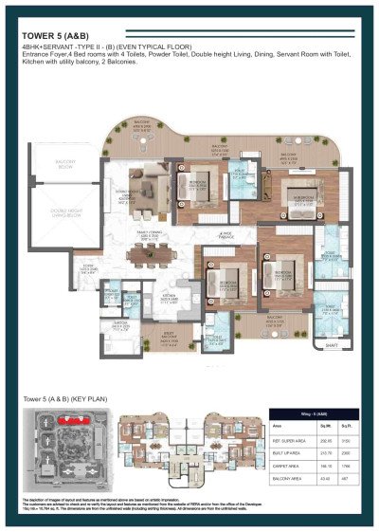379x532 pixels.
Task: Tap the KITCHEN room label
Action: click(171, 296)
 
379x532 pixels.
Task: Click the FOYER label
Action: click(88, 268)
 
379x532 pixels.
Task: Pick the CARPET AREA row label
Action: click(285, 468)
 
